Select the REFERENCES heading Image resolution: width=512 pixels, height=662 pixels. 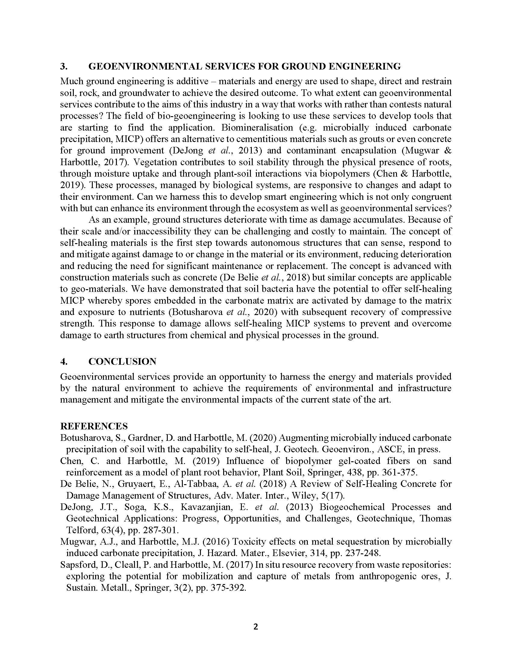point(94,426)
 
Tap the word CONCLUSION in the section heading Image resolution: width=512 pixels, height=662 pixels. point(122,361)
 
